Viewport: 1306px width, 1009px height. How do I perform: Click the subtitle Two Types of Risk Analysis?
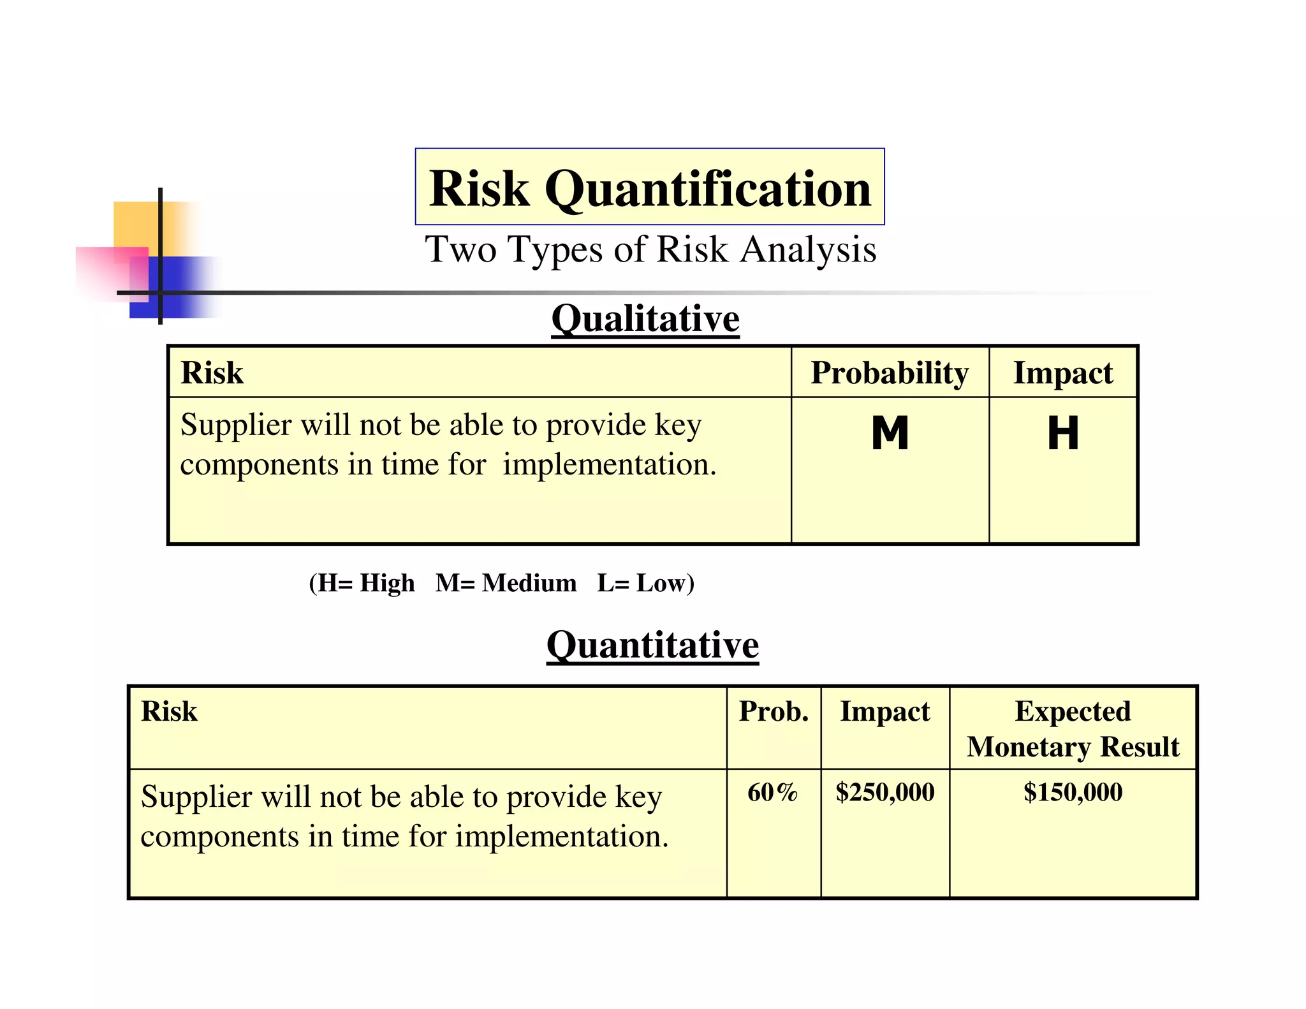[x=650, y=249]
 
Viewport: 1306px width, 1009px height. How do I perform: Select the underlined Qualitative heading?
[x=645, y=318]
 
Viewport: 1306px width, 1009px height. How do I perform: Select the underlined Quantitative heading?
[x=652, y=645]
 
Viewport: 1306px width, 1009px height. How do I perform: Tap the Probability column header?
[x=890, y=372]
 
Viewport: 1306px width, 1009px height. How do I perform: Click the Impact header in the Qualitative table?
[x=1063, y=372]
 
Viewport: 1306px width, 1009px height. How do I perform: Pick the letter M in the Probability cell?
[x=890, y=434]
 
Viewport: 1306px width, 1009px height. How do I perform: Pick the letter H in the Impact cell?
[x=1063, y=434]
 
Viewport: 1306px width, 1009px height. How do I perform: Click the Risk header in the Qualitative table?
[x=212, y=372]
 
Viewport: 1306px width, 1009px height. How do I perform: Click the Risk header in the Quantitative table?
[x=169, y=711]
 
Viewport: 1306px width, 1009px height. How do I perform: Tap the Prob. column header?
[x=774, y=711]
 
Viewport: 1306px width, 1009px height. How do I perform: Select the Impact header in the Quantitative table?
[x=884, y=711]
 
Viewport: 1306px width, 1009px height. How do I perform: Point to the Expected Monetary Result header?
[x=1073, y=728]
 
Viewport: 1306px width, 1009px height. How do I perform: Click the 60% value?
[x=773, y=792]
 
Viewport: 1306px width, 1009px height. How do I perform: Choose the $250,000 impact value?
[x=885, y=792]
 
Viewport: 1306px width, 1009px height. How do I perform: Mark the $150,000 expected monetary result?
[x=1073, y=792]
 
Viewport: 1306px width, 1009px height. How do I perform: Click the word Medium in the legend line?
[x=529, y=583]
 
